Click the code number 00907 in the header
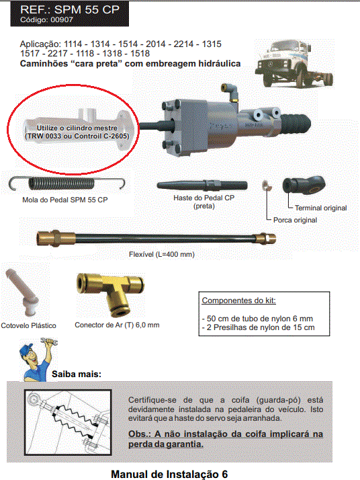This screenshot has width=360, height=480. (x=62, y=20)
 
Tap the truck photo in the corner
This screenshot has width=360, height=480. (x=294, y=64)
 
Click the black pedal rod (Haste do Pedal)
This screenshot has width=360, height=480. (x=202, y=185)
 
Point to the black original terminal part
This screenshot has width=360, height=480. (x=304, y=184)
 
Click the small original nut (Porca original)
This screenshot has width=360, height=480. (x=265, y=185)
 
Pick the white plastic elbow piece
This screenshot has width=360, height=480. (x=22, y=292)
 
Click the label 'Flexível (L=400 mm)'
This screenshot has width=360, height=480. (x=161, y=254)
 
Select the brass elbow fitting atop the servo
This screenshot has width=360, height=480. (x=230, y=93)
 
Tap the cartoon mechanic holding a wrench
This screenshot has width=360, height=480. (x=38, y=360)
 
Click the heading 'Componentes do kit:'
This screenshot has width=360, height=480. (x=238, y=301)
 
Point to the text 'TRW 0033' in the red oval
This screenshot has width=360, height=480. (x=44, y=136)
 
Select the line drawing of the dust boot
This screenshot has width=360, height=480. (x=68, y=422)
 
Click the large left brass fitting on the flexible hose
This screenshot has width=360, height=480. (x=56, y=238)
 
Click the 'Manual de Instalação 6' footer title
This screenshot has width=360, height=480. (x=169, y=474)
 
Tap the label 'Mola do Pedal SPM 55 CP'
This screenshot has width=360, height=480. (x=65, y=200)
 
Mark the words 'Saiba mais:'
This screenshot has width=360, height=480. (x=77, y=374)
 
